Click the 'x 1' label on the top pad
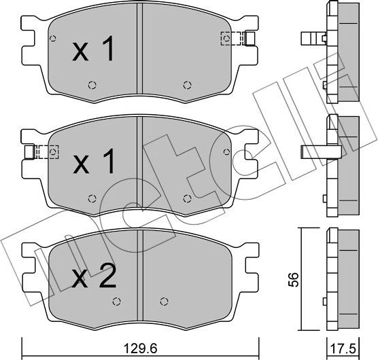pyautogui.click(x=94, y=52)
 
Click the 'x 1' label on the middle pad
pyautogui.click(x=94, y=163)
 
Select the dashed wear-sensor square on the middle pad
pyautogui.click(x=47, y=151)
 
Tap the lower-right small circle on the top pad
pyautogui.click(x=188, y=85)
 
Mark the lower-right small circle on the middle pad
pyautogui.click(x=188, y=198)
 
